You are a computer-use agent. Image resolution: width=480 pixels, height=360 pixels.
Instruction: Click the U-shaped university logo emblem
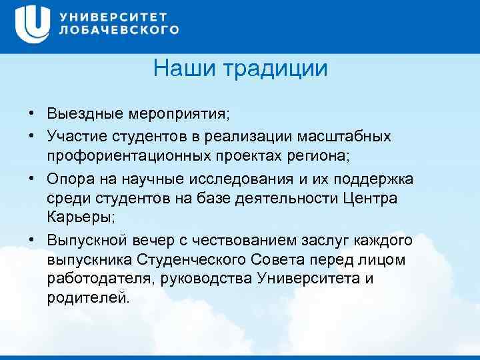click(x=31, y=25)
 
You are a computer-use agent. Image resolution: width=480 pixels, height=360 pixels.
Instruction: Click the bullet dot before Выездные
click(x=31, y=114)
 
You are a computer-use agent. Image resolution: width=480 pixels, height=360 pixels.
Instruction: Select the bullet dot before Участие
click(x=31, y=136)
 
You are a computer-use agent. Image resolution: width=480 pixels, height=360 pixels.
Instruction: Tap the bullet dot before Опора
click(x=31, y=180)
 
